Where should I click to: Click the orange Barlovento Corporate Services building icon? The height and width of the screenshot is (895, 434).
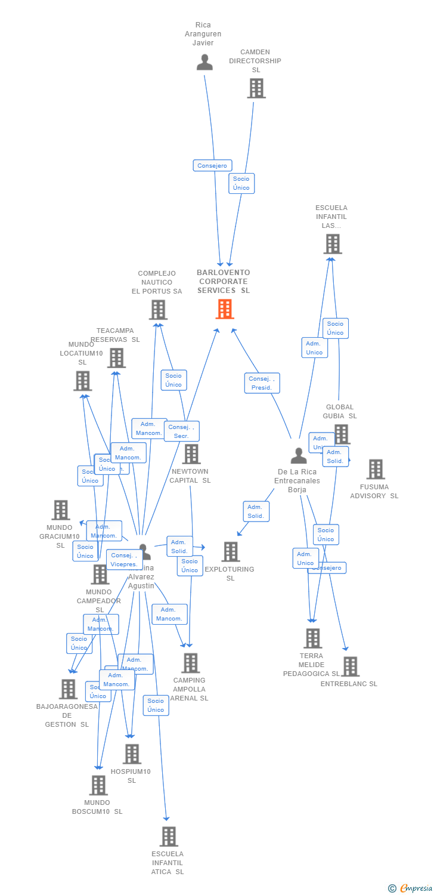[225, 309]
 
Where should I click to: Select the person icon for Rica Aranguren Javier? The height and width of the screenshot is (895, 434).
[204, 62]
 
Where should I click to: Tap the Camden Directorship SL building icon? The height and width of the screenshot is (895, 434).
[256, 88]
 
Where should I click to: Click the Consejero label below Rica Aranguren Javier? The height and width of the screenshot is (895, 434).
[212, 165]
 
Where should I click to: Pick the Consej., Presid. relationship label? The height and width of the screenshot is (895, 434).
[262, 383]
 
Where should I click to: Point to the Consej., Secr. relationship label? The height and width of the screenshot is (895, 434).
[181, 431]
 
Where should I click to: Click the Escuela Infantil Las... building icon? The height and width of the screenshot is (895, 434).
[333, 243]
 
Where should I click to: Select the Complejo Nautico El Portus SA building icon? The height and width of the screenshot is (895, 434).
[158, 310]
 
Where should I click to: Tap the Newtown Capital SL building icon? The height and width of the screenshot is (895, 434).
[191, 454]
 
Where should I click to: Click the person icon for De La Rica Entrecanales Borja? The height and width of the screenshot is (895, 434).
[298, 456]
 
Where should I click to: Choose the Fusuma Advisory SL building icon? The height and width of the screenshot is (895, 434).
[376, 469]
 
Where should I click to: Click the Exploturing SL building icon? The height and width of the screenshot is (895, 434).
[231, 552]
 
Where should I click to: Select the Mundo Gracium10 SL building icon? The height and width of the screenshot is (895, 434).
[61, 510]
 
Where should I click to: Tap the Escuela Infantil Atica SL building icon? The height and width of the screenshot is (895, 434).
[169, 837]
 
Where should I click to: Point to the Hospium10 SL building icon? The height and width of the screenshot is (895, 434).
[132, 754]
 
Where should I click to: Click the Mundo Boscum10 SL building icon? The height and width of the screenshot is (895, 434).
[98, 785]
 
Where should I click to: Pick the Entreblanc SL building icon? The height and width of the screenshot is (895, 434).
[350, 666]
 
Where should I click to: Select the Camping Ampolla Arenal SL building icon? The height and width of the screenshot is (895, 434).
[190, 663]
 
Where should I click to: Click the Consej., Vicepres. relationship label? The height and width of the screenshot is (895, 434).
[124, 560]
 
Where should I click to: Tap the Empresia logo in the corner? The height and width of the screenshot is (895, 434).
[411, 888]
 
